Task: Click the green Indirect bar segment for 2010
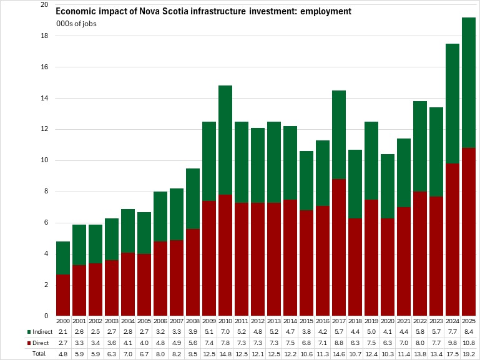click(x=225, y=140)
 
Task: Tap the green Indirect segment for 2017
click(x=339, y=135)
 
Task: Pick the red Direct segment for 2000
click(x=63, y=295)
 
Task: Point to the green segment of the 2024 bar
click(x=453, y=104)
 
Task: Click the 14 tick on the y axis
click(x=44, y=98)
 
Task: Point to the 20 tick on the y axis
click(x=44, y=5)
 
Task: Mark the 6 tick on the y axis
click(x=46, y=223)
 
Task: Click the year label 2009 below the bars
click(x=209, y=321)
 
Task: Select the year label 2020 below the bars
click(x=388, y=321)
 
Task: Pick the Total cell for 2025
click(x=469, y=354)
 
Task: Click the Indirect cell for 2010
click(x=225, y=331)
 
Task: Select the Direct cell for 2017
click(x=339, y=343)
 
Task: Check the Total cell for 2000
click(x=63, y=354)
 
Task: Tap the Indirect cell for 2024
click(x=453, y=331)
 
